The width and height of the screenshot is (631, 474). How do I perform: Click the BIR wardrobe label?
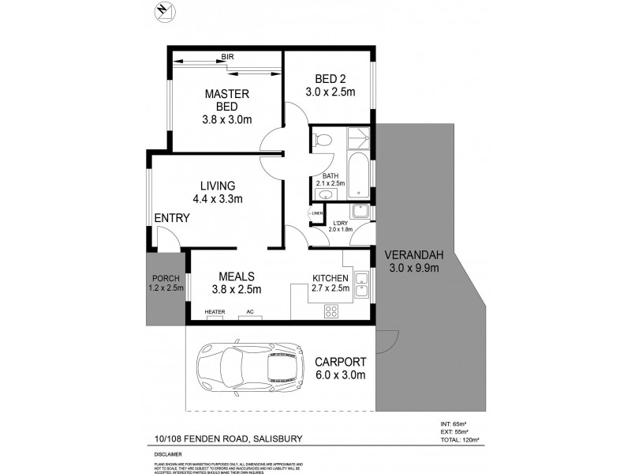[227, 57]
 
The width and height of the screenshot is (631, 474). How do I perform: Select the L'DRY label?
[340, 224]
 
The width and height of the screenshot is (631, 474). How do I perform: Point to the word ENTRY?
[171, 219]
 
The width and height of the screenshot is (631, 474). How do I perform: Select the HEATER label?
[215, 312]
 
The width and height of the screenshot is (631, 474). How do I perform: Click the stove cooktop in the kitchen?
[330, 311]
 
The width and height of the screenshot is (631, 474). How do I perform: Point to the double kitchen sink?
[361, 284]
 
